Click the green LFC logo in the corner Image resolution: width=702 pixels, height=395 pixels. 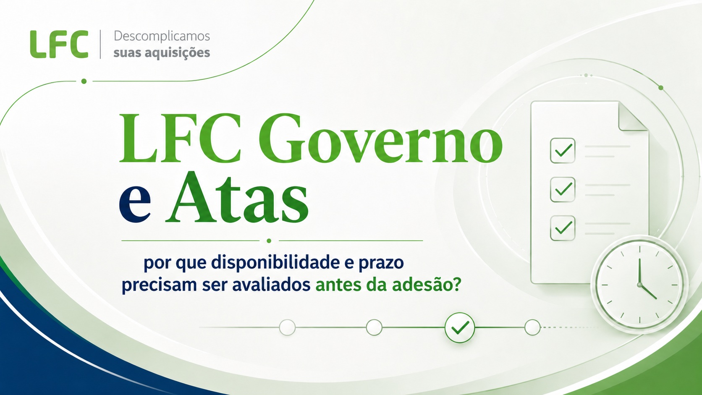coord(59,44)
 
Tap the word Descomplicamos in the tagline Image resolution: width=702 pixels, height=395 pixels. coord(162,37)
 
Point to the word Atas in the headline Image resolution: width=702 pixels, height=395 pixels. coord(237,197)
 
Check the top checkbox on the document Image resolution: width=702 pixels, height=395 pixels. coord(563,151)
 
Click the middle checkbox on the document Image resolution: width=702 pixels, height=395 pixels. coord(563,189)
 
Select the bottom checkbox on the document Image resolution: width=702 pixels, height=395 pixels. coord(563,228)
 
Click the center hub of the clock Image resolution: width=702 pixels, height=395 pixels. coord(639,285)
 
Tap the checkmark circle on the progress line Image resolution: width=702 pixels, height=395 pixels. coord(460,327)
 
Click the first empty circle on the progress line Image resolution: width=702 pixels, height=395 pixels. coord(287,327)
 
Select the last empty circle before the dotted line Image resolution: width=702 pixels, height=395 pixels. coord(532,327)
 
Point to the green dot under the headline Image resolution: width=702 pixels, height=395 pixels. coord(269,241)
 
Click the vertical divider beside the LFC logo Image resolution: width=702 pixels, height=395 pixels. coord(100,44)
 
